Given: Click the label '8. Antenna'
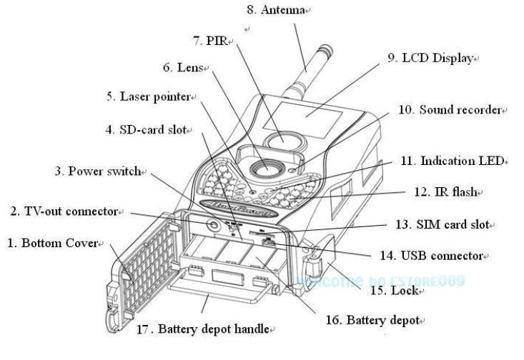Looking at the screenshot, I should coord(275,10).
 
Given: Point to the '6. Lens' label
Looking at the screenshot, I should coord(184,68).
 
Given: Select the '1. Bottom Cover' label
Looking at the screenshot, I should coord(51,244).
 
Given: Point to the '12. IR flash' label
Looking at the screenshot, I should coord(447,192).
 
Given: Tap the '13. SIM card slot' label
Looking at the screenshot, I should coord(441,224).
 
